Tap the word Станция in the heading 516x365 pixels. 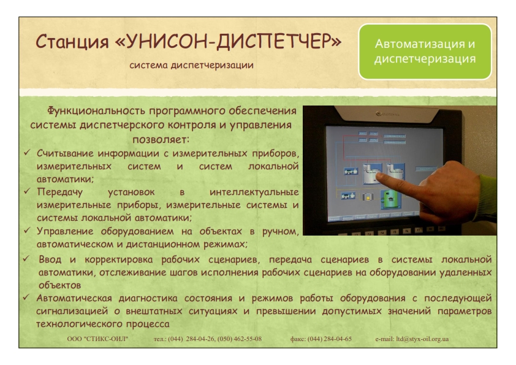[x=72, y=42]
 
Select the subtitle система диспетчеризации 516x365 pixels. [x=192, y=65]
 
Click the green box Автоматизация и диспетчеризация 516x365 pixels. [x=425, y=52]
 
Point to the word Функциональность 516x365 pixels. [x=96, y=110]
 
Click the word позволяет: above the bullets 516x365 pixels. [x=161, y=139]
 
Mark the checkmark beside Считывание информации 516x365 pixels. [x=27, y=153]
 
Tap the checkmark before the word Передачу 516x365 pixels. [x=27, y=191]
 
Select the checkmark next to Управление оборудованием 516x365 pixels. [x=27, y=230]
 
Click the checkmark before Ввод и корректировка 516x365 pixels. [x=26, y=259]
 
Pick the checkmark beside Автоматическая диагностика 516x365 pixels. [x=26, y=298]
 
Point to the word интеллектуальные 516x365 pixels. [x=254, y=193]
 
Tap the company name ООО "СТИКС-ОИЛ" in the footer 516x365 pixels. [x=97, y=339]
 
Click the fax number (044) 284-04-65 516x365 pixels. [x=330, y=339]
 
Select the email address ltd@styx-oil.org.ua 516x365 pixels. [x=422, y=339]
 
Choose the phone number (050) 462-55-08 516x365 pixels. [x=240, y=339]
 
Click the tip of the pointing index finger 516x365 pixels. [x=377, y=177]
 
